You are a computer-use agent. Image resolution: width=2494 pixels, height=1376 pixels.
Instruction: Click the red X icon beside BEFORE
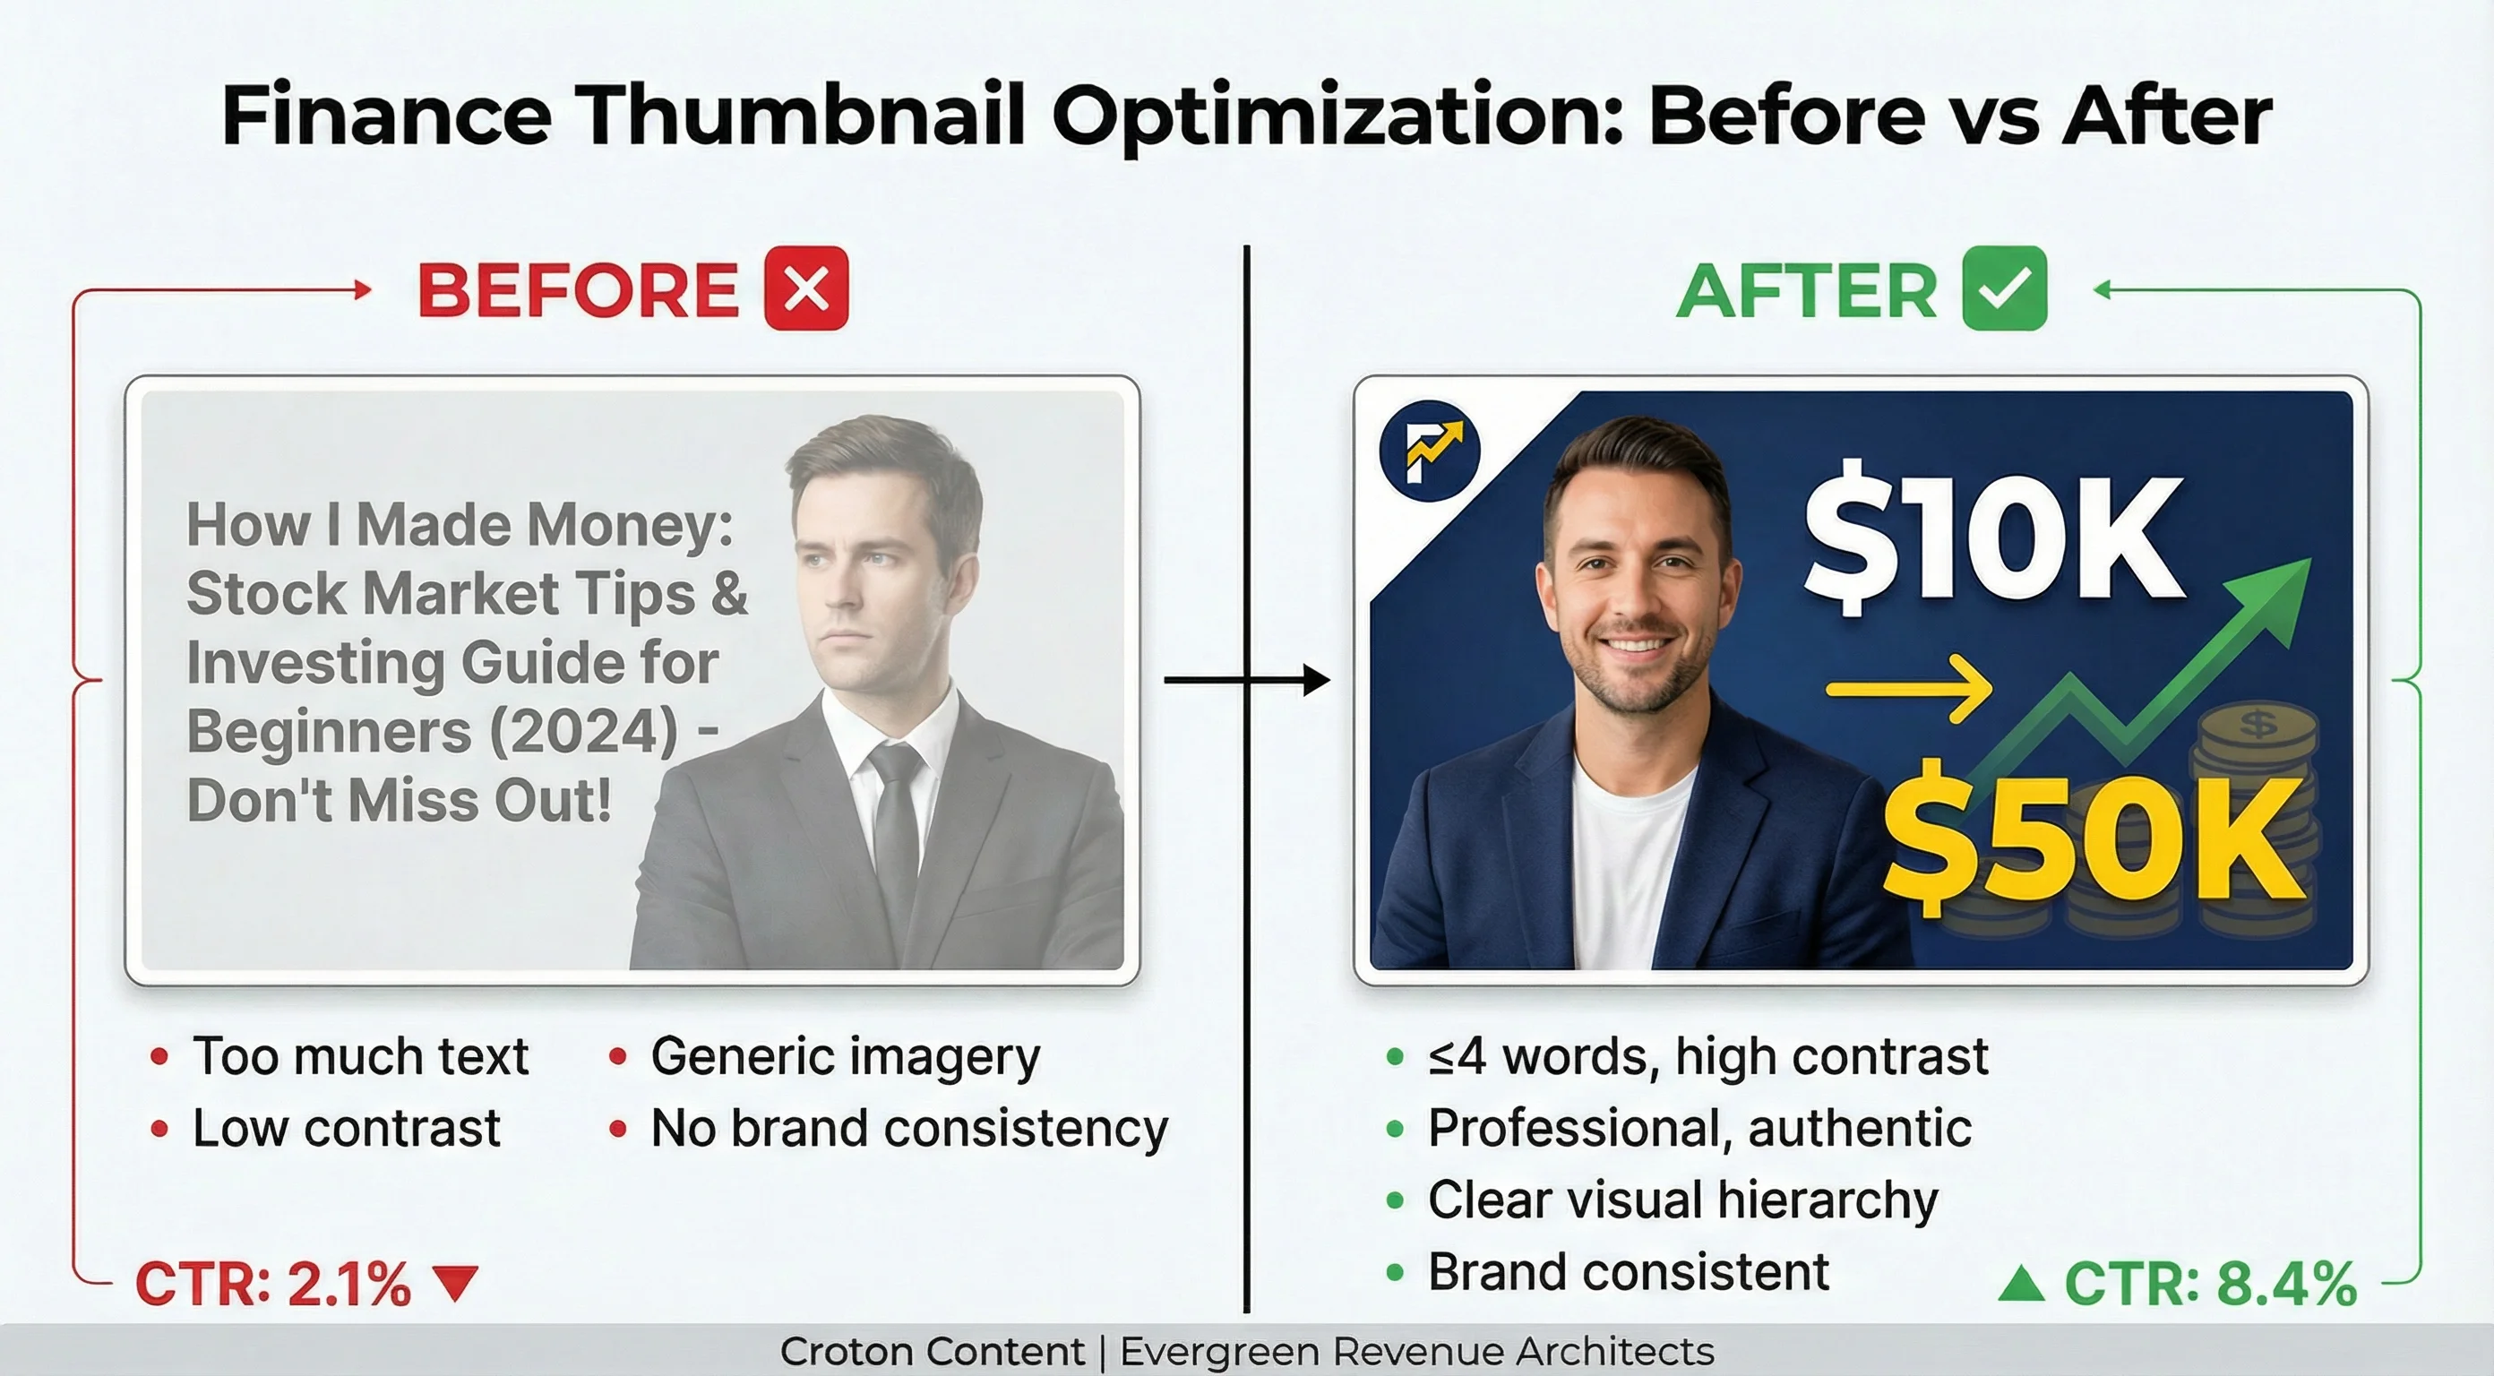point(806,288)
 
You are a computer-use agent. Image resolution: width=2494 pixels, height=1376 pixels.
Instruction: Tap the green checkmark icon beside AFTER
point(2004,288)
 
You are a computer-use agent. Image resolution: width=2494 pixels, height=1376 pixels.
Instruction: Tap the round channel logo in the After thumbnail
point(1429,451)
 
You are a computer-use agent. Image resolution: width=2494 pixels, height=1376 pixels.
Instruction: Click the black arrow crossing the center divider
point(1249,680)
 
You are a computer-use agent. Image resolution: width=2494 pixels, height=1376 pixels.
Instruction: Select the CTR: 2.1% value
point(273,1284)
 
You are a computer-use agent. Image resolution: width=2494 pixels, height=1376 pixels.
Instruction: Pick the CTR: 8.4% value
point(2210,1284)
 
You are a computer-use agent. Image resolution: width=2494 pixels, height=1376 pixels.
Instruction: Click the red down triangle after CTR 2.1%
point(455,1283)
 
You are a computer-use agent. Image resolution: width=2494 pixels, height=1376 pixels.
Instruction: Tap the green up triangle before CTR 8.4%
point(2022,1284)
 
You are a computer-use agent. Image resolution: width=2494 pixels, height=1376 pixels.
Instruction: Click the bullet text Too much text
point(360,1055)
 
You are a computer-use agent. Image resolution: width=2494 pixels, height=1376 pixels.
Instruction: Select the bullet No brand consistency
point(909,1128)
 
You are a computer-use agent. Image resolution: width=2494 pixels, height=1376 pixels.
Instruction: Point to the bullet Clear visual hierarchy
point(1682,1200)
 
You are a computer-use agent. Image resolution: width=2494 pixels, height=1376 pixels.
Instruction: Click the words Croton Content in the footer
point(933,1351)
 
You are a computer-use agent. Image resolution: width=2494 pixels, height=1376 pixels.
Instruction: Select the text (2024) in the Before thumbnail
point(584,732)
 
